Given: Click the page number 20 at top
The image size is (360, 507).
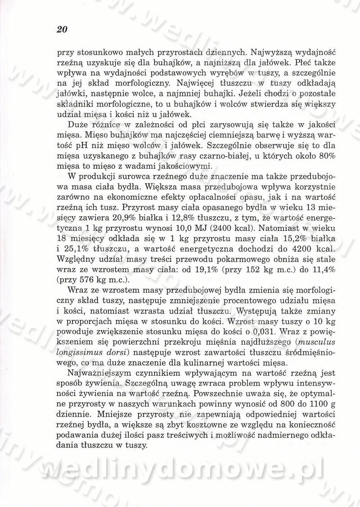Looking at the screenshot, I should click(x=62, y=30).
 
